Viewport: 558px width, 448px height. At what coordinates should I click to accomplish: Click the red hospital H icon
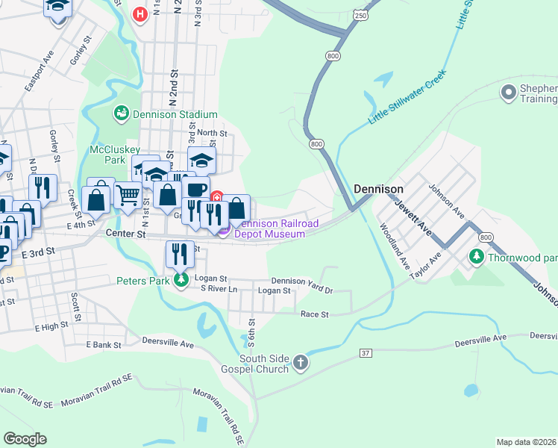click(x=139, y=14)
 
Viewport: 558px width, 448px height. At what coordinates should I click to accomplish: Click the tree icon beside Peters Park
click(x=180, y=281)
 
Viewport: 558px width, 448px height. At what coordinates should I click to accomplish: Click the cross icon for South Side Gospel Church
click(x=300, y=363)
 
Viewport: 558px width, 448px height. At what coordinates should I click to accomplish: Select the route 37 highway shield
click(x=365, y=352)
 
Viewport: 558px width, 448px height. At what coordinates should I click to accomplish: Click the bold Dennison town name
click(x=378, y=190)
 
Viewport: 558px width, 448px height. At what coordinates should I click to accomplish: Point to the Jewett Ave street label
click(x=413, y=214)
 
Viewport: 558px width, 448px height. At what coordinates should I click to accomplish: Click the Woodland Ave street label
click(x=395, y=246)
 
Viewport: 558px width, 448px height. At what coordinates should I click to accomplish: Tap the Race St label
click(x=314, y=314)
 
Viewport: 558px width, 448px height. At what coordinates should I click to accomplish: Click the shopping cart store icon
click(x=128, y=195)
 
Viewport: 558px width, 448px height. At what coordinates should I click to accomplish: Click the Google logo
click(x=25, y=439)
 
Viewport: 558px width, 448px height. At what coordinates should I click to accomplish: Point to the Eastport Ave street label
click(x=39, y=72)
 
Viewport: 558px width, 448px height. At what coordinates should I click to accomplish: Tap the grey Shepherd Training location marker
click(x=510, y=93)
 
